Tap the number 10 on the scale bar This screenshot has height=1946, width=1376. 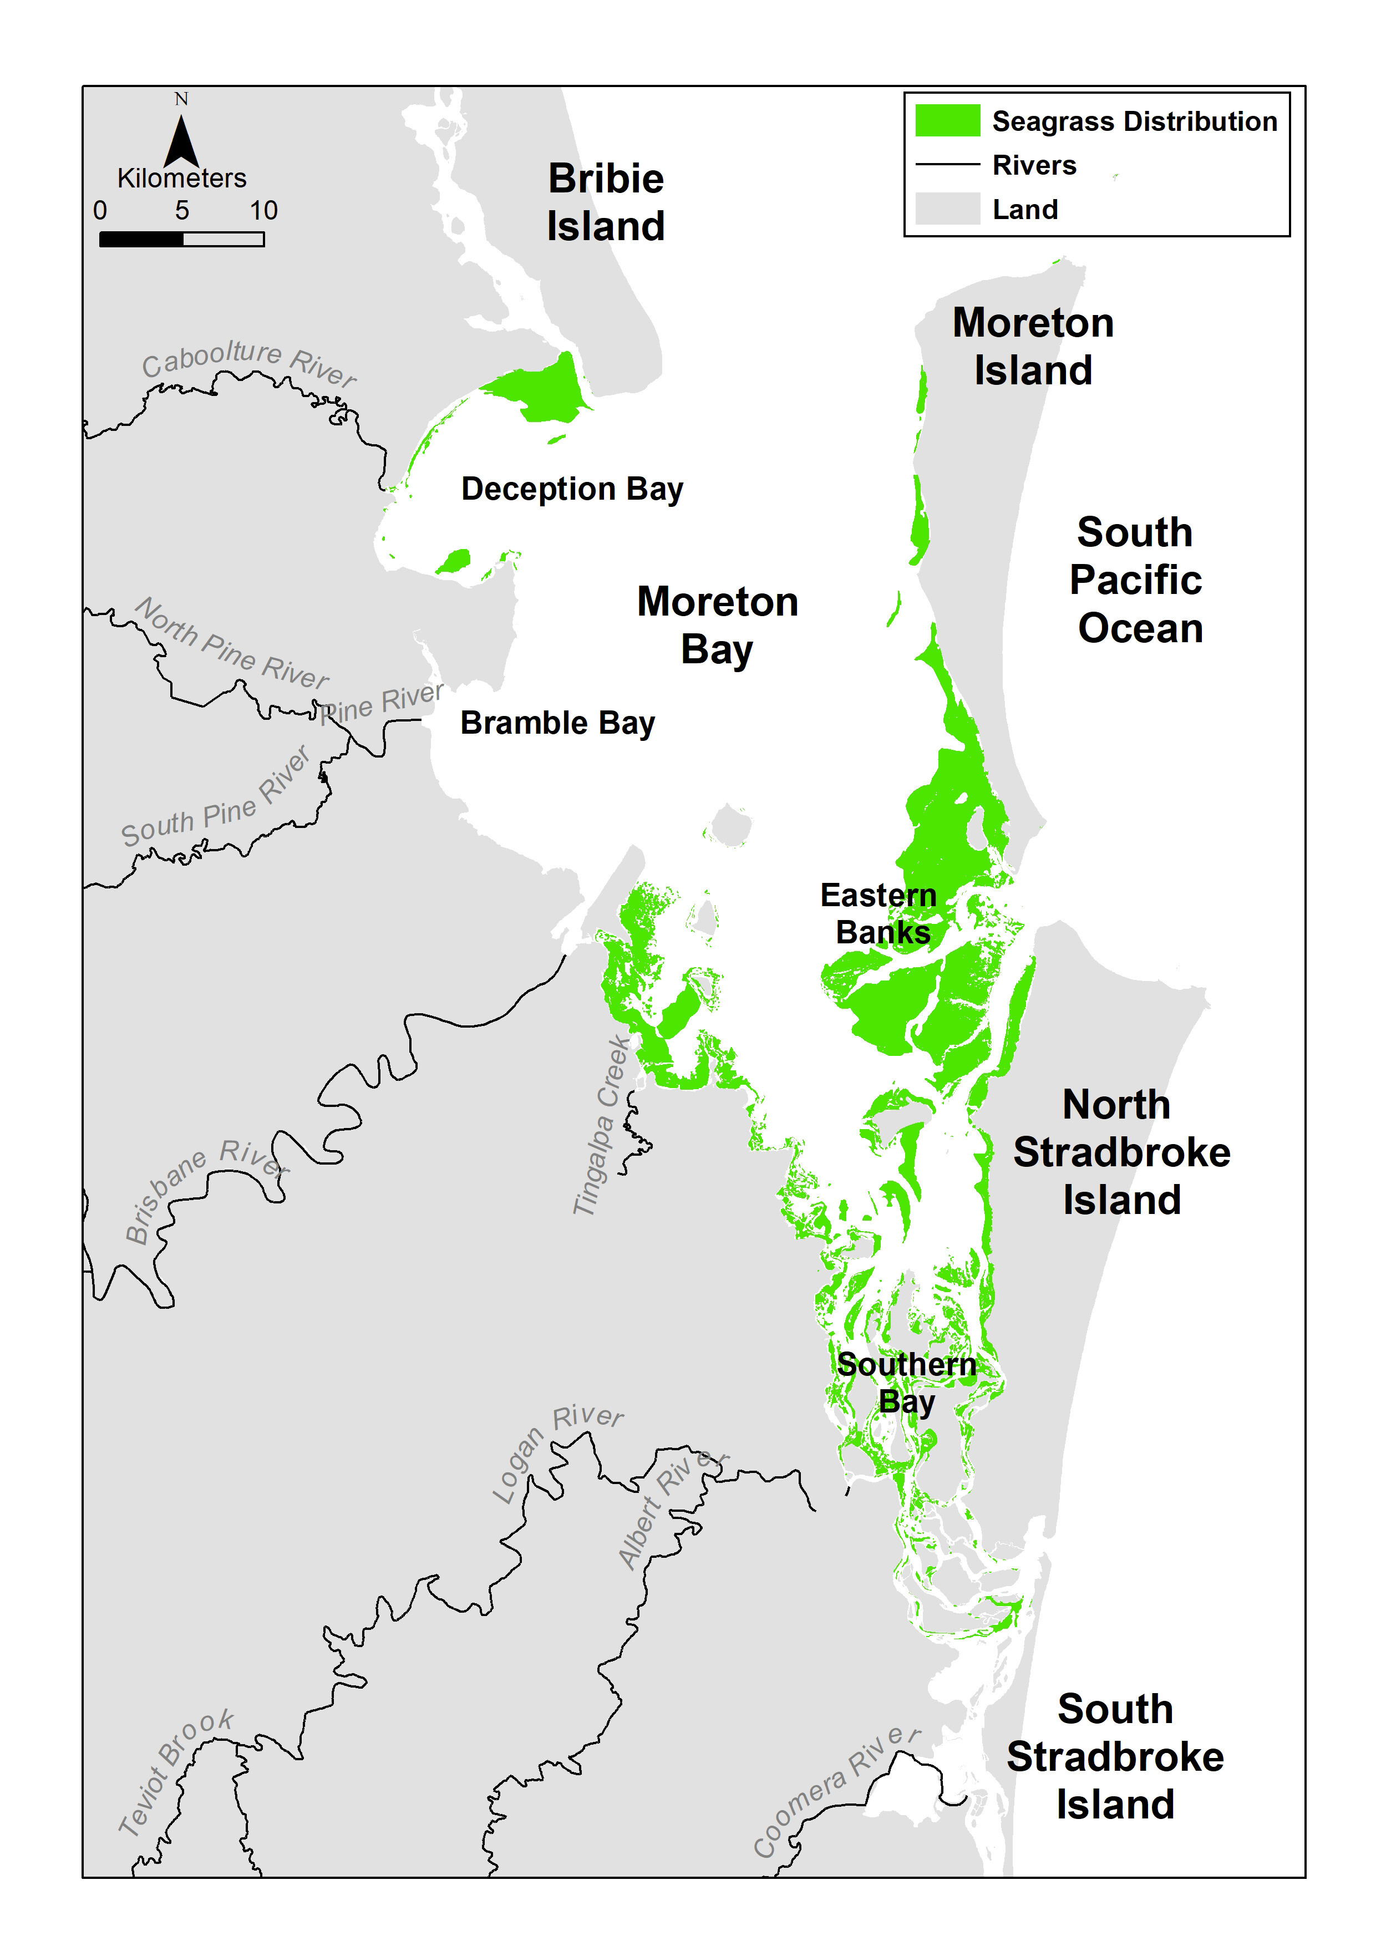point(263,210)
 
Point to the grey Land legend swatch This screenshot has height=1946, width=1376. point(947,209)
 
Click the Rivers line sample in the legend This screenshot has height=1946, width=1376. point(947,164)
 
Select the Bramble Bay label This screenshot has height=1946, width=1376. point(557,723)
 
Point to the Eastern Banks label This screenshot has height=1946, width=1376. point(879,914)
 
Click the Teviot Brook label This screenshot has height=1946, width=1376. point(175,1771)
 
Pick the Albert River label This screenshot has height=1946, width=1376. point(671,1508)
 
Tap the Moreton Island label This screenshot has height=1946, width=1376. point(1033,347)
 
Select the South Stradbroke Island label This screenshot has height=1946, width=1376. point(1114,1757)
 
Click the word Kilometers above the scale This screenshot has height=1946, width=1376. point(181,179)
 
